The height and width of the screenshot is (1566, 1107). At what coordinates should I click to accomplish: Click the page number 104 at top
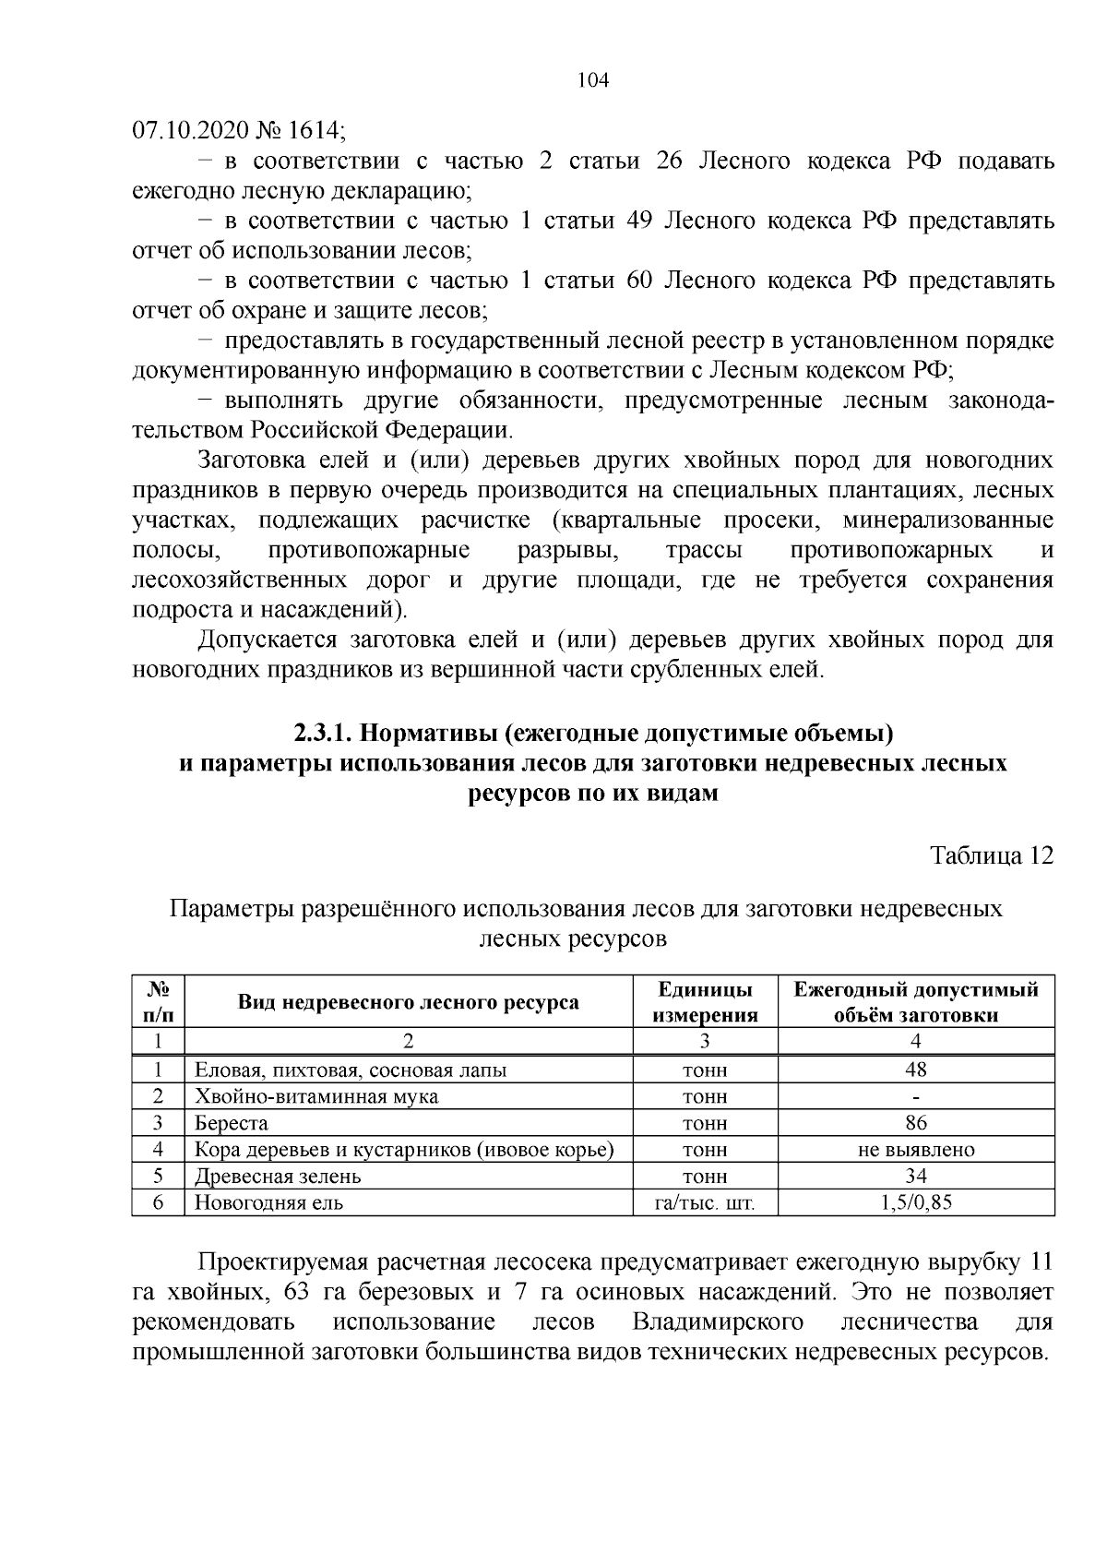click(x=593, y=80)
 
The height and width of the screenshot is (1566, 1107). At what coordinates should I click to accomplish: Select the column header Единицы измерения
click(x=705, y=1002)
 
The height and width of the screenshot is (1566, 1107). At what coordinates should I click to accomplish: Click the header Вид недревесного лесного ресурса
click(x=409, y=1002)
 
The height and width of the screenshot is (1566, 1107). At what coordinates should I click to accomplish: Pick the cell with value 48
click(x=916, y=1070)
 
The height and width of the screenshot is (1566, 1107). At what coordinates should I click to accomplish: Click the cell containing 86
click(x=916, y=1123)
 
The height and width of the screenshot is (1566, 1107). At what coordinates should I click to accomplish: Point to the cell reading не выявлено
click(x=916, y=1150)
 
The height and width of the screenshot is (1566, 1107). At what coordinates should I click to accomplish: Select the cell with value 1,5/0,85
click(x=916, y=1203)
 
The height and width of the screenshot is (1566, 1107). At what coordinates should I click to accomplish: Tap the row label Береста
click(x=231, y=1123)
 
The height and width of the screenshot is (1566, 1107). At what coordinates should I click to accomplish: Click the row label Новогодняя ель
click(x=268, y=1203)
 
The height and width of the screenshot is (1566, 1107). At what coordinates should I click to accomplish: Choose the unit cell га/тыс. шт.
click(x=705, y=1203)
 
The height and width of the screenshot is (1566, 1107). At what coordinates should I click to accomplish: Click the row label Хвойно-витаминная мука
click(x=315, y=1096)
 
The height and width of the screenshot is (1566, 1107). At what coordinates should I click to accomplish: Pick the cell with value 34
click(x=916, y=1177)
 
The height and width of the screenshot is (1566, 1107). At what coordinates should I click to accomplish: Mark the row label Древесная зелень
click(x=278, y=1177)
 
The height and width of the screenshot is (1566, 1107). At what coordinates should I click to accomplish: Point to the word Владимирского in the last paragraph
click(x=718, y=1321)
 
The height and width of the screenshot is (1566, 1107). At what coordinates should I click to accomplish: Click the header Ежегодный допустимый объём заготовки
click(x=916, y=1002)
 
